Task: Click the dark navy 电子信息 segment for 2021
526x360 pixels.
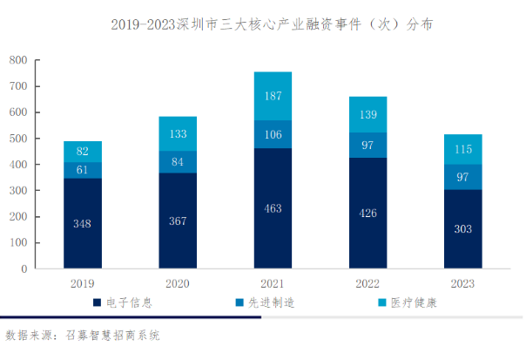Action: pos(273,208)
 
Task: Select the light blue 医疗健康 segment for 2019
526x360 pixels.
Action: pos(83,151)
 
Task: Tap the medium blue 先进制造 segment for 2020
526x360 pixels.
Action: pos(178,161)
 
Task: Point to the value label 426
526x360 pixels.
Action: pos(368,214)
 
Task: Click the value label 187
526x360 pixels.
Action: pos(273,95)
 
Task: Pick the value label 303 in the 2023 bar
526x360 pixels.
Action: pos(462,228)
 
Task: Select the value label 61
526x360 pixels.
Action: pos(83,170)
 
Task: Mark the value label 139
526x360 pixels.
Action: pos(368,115)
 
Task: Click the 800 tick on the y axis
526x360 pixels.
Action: pos(18,60)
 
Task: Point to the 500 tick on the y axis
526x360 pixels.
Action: pos(18,139)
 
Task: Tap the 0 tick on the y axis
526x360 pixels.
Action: pos(24,269)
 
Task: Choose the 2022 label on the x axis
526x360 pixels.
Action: pos(368,283)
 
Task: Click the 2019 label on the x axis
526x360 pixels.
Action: pos(83,283)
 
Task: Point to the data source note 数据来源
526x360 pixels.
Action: pos(83,335)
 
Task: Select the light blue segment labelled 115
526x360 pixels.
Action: pos(462,149)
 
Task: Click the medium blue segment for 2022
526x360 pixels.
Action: pos(368,145)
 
